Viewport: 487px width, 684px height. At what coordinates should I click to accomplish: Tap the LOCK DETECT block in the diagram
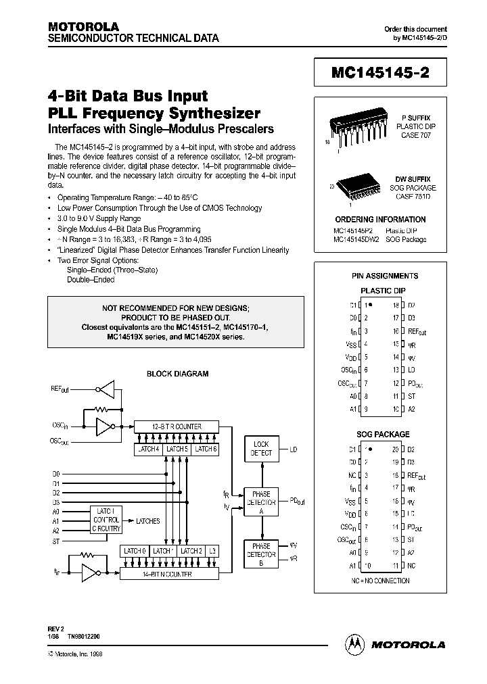[261, 449]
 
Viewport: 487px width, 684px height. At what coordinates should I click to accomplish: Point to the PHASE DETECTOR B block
[261, 554]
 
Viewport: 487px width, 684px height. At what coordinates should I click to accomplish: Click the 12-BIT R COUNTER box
[177, 426]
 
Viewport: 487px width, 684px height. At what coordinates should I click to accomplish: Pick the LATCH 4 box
[148, 449]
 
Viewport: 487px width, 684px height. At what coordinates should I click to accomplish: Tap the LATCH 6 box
[205, 449]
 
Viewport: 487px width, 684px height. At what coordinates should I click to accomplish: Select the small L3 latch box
[214, 551]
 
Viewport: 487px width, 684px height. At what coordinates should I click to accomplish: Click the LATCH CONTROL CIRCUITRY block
[107, 520]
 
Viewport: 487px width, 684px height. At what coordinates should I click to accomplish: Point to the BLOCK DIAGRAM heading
[178, 374]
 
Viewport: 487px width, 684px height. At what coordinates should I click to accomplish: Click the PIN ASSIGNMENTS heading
[385, 276]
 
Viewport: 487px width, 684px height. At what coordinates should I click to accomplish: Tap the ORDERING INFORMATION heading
[380, 220]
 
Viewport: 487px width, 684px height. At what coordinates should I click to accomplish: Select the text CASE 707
[412, 135]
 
